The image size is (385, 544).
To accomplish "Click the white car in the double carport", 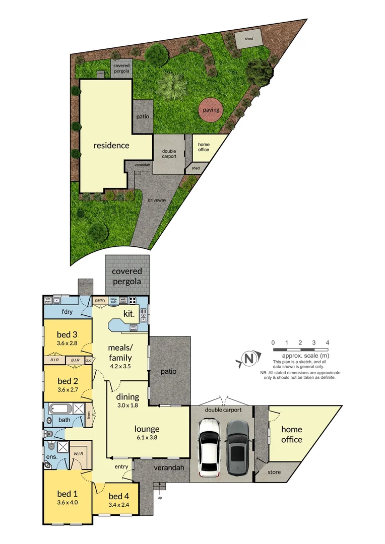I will pyautogui.click(x=209, y=448).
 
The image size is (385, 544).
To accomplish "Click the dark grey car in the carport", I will pyautogui.click(x=237, y=448).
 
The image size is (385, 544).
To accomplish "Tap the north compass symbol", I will pyautogui.click(x=247, y=359).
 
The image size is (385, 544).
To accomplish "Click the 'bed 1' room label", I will pyautogui.click(x=68, y=493).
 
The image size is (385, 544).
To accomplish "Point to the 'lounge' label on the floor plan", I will pyautogui.click(x=147, y=429).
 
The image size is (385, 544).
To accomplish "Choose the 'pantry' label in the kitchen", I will pyautogui.click(x=100, y=301).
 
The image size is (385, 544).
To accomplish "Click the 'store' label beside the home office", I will pyautogui.click(x=274, y=472).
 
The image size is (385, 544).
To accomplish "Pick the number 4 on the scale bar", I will pyautogui.click(x=328, y=343).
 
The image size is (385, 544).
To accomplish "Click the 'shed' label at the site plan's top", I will pyautogui.click(x=249, y=38).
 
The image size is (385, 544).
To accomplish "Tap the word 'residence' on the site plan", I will pyautogui.click(x=111, y=146).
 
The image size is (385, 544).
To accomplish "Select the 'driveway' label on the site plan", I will pyautogui.click(x=157, y=200).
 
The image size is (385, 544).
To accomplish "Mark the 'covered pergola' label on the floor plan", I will pyautogui.click(x=127, y=276).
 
